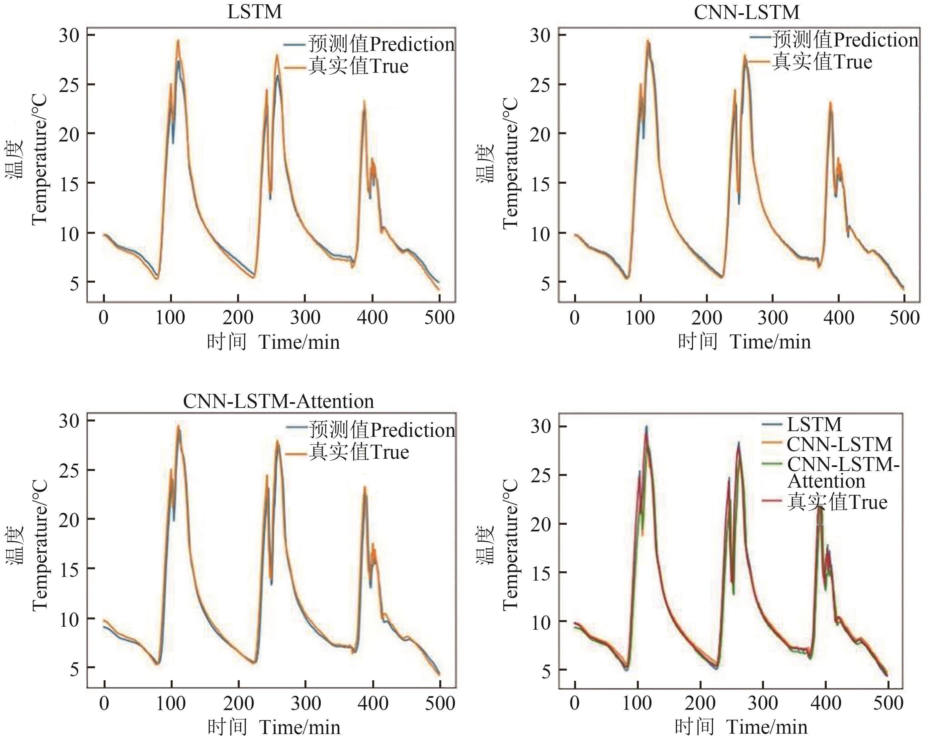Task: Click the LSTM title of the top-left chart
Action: [254, 12]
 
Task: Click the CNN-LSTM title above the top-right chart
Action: [746, 12]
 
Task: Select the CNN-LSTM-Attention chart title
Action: [279, 401]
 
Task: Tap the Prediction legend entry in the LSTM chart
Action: [381, 45]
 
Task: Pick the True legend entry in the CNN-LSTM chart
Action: [822, 62]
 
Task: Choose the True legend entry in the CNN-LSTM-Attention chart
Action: [359, 452]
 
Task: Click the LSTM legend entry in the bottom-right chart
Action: [814, 424]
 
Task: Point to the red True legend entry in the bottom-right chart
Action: [837, 502]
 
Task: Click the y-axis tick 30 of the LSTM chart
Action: [69, 35]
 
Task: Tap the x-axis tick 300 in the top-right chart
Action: [773, 318]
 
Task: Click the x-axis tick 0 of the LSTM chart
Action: [104, 318]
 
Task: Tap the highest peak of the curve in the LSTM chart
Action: [178, 41]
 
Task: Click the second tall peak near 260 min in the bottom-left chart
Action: [277, 440]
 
